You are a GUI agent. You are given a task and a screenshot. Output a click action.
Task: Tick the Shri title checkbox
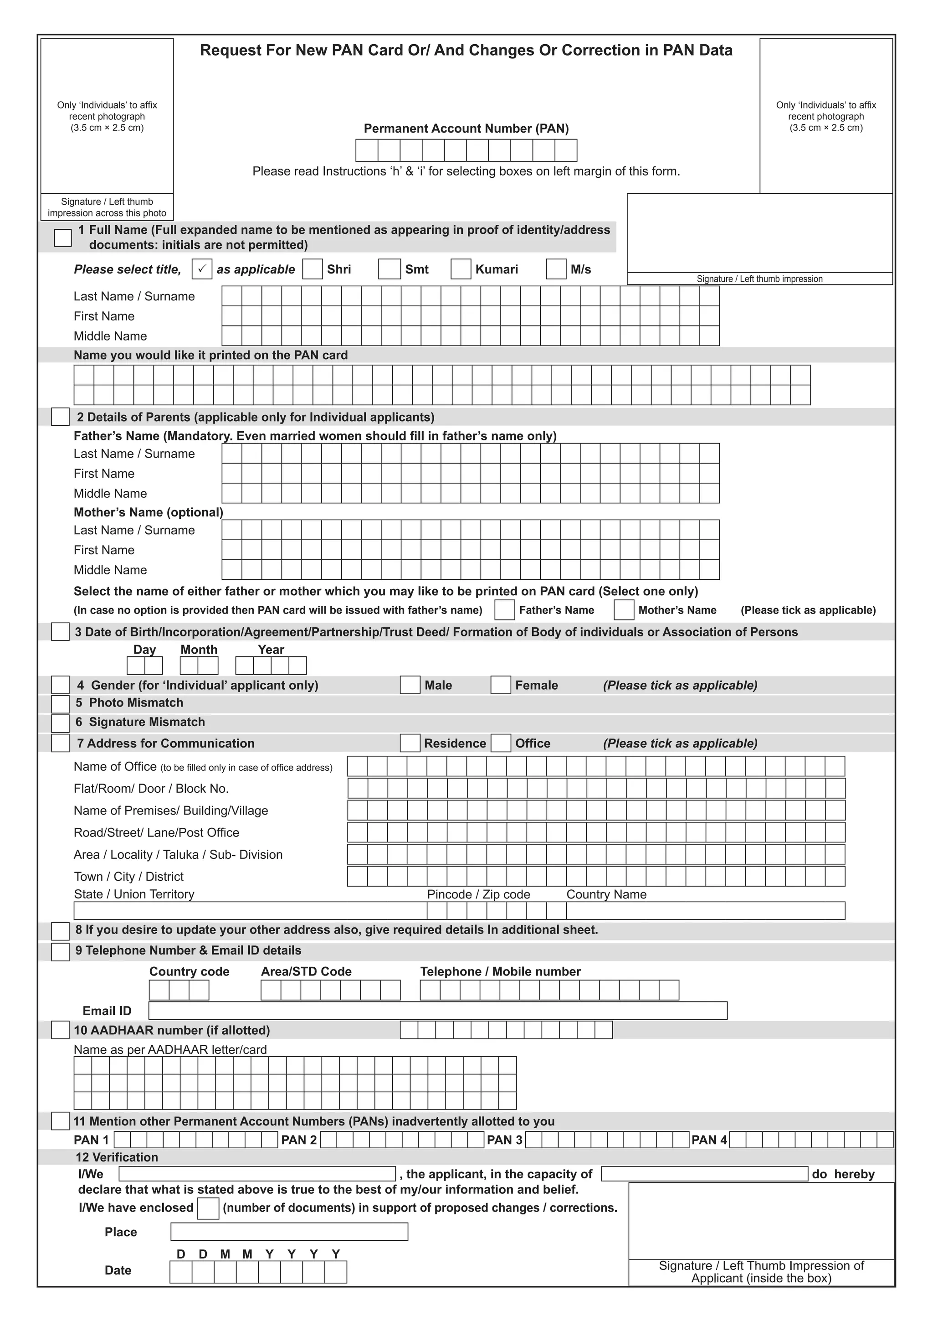click(x=312, y=269)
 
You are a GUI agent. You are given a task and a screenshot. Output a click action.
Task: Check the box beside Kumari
click(x=461, y=269)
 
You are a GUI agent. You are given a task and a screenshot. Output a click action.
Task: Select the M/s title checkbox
click(x=555, y=269)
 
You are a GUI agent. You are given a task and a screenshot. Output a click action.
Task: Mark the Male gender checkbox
click(x=410, y=685)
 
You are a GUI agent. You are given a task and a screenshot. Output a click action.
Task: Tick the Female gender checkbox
click(x=501, y=685)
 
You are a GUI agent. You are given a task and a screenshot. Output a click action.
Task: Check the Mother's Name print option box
click(x=624, y=610)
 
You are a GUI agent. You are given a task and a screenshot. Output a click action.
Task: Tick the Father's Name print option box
click(x=505, y=610)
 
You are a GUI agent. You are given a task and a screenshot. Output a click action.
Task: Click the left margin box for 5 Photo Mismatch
click(x=60, y=704)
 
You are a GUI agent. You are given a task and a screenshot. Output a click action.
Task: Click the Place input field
click(x=289, y=1231)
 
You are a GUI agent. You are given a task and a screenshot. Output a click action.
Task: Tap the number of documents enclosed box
click(x=208, y=1208)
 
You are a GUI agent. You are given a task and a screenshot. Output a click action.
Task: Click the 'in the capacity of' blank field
click(x=704, y=1174)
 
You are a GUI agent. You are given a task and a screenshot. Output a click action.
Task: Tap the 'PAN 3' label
click(x=504, y=1140)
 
